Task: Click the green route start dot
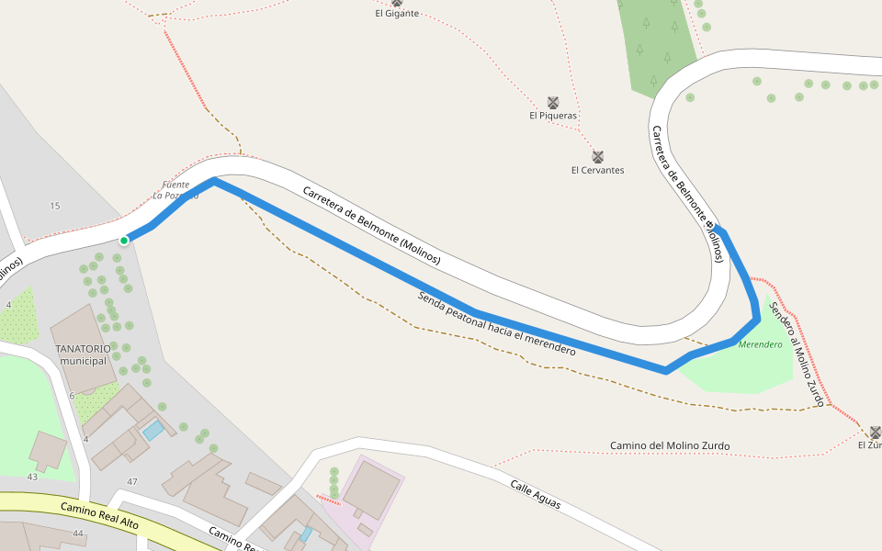[124, 241]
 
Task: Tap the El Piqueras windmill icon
[553, 102]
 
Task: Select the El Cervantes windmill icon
[597, 156]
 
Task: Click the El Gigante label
[397, 13]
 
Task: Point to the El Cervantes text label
[597, 170]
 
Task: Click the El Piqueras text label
[553, 116]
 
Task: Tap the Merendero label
[760, 344]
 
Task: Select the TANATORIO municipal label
[83, 354]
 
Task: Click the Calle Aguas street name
[535, 495]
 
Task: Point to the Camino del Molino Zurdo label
[670, 446]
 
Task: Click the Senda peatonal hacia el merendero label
[496, 323]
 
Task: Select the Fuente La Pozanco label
[175, 190]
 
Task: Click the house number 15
[55, 206]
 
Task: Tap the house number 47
[132, 482]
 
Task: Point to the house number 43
[32, 477]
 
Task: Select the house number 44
[78, 534]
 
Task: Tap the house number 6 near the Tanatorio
[72, 396]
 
